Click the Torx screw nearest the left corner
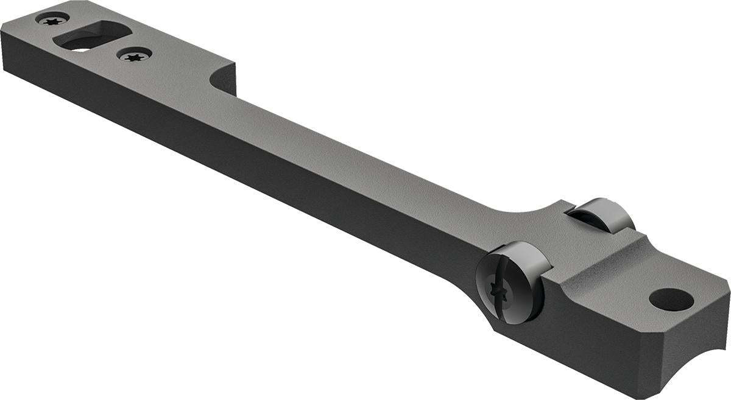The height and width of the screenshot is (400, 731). (52, 19)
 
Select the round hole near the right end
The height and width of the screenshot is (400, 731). (671, 299)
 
